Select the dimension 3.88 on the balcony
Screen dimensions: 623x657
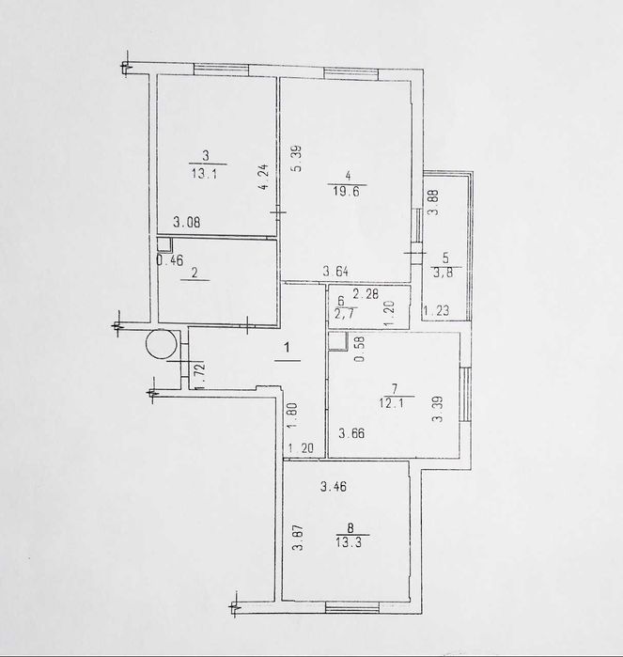[433, 203]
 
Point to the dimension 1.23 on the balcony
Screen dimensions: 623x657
[435, 312]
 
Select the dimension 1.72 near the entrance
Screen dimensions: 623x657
[197, 371]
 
